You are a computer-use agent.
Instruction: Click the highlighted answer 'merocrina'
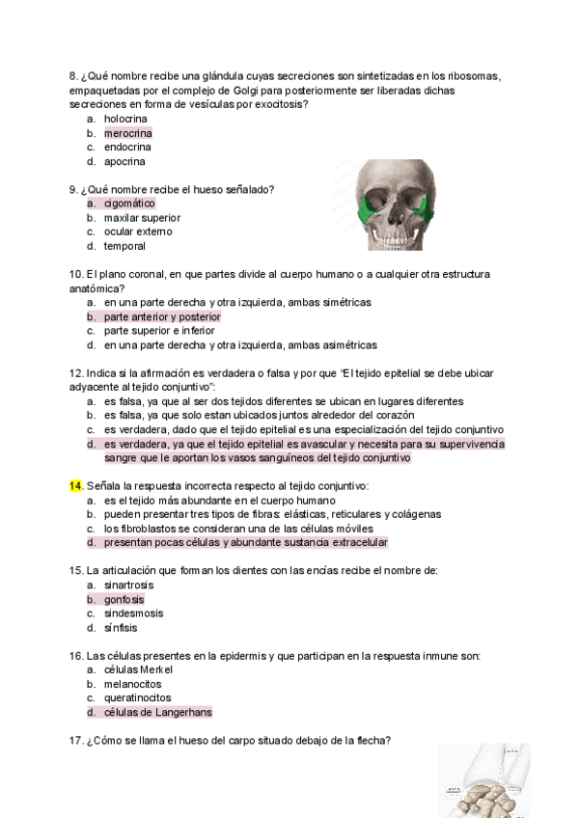pyautogui.click(x=128, y=133)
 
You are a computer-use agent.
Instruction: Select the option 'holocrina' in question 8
pyautogui.click(x=125, y=119)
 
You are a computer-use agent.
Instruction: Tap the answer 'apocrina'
pyautogui.click(x=124, y=162)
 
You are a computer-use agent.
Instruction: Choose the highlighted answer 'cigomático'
pyautogui.click(x=129, y=204)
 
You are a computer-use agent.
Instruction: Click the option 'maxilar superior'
pyautogui.click(x=142, y=218)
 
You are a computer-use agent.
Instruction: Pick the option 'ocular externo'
pyautogui.click(x=138, y=232)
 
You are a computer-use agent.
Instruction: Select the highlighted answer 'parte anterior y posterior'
pyautogui.click(x=162, y=316)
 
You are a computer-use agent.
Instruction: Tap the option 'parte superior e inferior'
pyautogui.click(x=159, y=331)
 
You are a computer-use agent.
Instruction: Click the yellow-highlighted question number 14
pyautogui.click(x=75, y=486)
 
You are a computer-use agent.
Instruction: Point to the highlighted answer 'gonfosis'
pyautogui.click(x=124, y=599)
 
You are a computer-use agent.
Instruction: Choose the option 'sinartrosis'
pyautogui.click(x=128, y=585)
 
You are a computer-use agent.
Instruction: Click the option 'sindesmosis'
pyautogui.click(x=132, y=613)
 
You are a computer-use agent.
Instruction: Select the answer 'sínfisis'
pyautogui.click(x=121, y=628)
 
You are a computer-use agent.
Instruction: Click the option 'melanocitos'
pyautogui.click(x=132, y=684)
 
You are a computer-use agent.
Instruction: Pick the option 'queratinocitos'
pyautogui.click(x=138, y=698)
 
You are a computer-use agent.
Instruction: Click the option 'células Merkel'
pyautogui.click(x=138, y=670)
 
